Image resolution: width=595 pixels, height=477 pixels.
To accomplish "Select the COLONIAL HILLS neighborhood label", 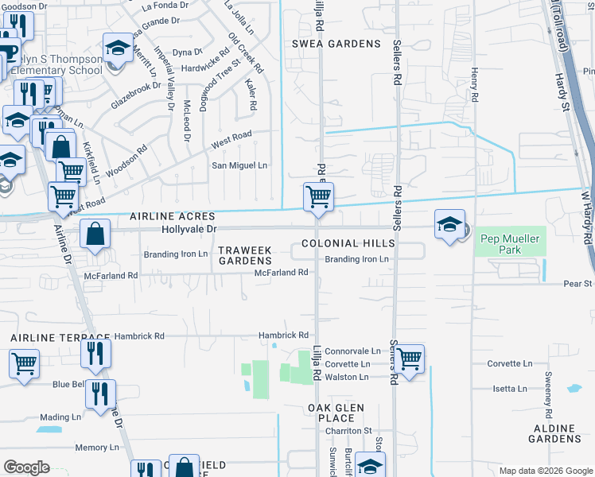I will coord(348,243).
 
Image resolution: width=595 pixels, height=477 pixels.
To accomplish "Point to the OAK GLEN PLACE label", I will coord(336,413).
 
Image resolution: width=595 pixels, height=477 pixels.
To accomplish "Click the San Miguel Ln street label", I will coord(239,165).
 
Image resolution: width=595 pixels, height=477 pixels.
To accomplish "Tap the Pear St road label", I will coord(577,283).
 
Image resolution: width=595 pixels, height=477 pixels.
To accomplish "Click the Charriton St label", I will coord(348,431).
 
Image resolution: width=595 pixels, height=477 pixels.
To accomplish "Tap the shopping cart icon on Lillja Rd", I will coord(318,196).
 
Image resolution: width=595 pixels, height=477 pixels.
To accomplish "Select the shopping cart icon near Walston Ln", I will coord(409,359).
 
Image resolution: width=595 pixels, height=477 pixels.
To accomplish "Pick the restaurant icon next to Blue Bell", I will coord(100,394).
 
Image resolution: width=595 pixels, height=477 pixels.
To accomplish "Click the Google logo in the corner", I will coord(26,467).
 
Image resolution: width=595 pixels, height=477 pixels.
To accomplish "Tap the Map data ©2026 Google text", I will coord(545,471).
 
